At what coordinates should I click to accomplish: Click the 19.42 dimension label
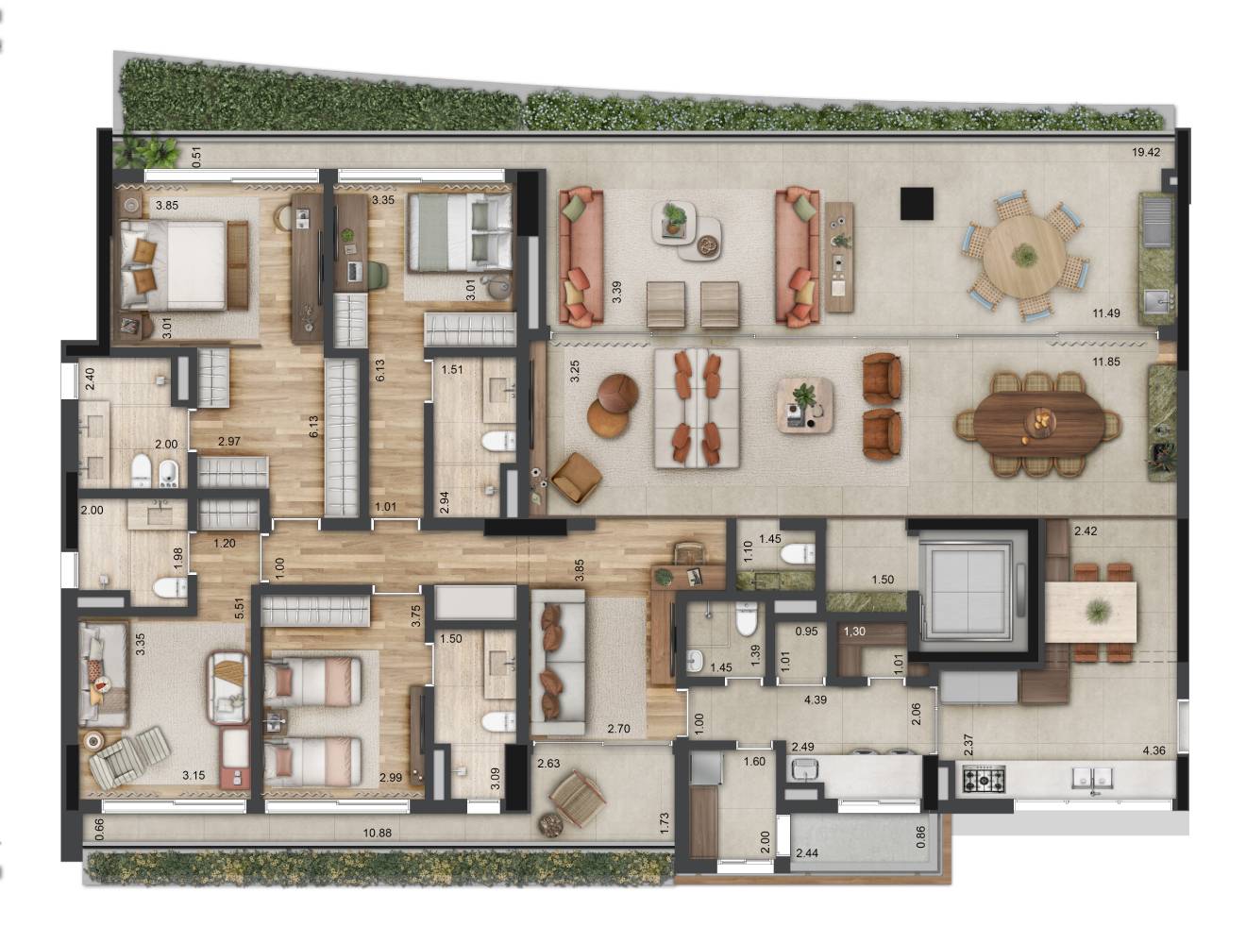[x=1146, y=152]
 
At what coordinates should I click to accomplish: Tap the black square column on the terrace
[x=917, y=204]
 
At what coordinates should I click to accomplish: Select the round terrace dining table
[x=1024, y=255]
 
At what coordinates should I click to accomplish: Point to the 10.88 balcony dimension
[x=378, y=833]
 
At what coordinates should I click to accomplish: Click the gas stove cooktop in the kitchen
[x=984, y=780]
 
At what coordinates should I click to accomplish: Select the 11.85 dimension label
[x=1105, y=361]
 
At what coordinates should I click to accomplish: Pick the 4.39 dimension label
[x=816, y=700]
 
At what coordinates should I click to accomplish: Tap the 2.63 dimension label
[x=549, y=764]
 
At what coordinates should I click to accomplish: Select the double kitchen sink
[x=1091, y=778]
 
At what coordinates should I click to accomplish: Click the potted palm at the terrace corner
[x=147, y=152]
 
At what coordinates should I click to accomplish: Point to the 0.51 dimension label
[x=197, y=157]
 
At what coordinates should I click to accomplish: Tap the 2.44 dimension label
[x=807, y=853]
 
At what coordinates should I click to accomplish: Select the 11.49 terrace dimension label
[x=1106, y=312]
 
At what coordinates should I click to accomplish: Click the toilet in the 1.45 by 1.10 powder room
[x=799, y=554]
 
